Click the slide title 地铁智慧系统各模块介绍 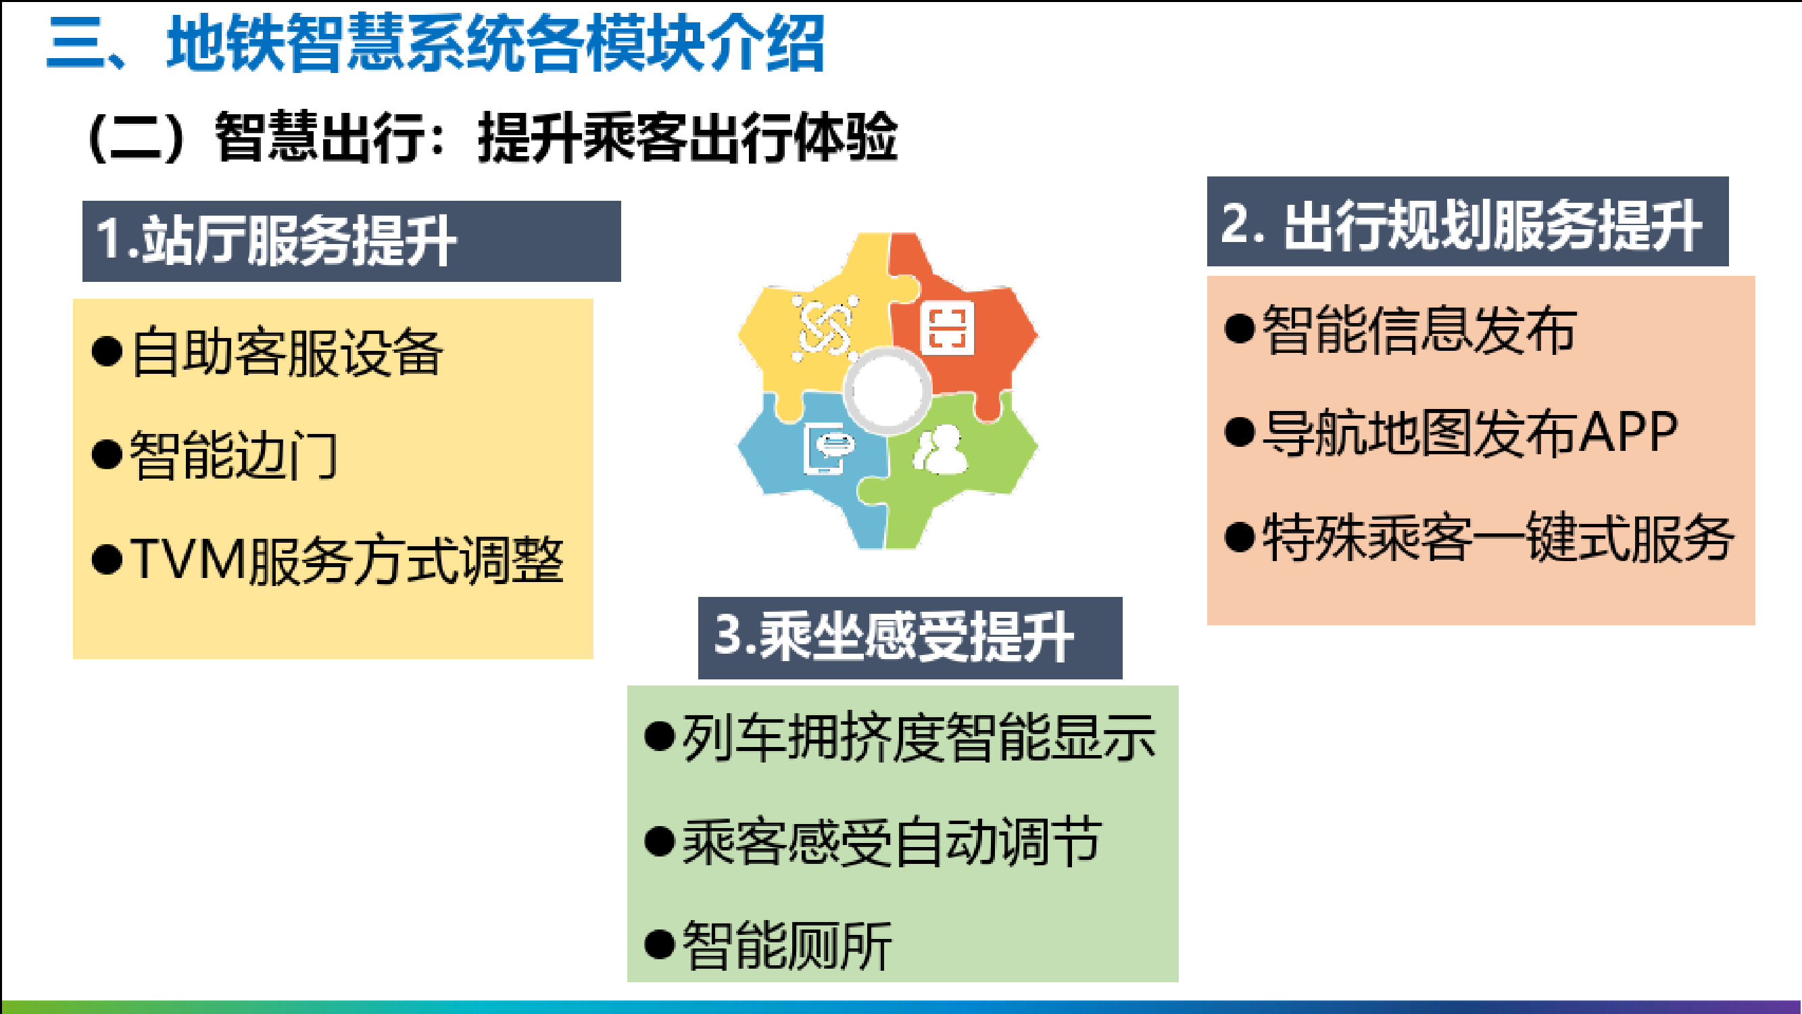point(495,43)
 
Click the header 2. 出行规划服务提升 point(1461,224)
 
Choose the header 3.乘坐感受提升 point(894,636)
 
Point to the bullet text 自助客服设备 point(287,352)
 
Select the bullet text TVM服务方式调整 point(347,559)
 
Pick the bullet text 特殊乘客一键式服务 point(1498,537)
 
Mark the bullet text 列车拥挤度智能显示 point(919,737)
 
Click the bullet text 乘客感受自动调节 point(893,841)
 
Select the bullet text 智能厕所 point(787,946)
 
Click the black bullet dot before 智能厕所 point(660,945)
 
